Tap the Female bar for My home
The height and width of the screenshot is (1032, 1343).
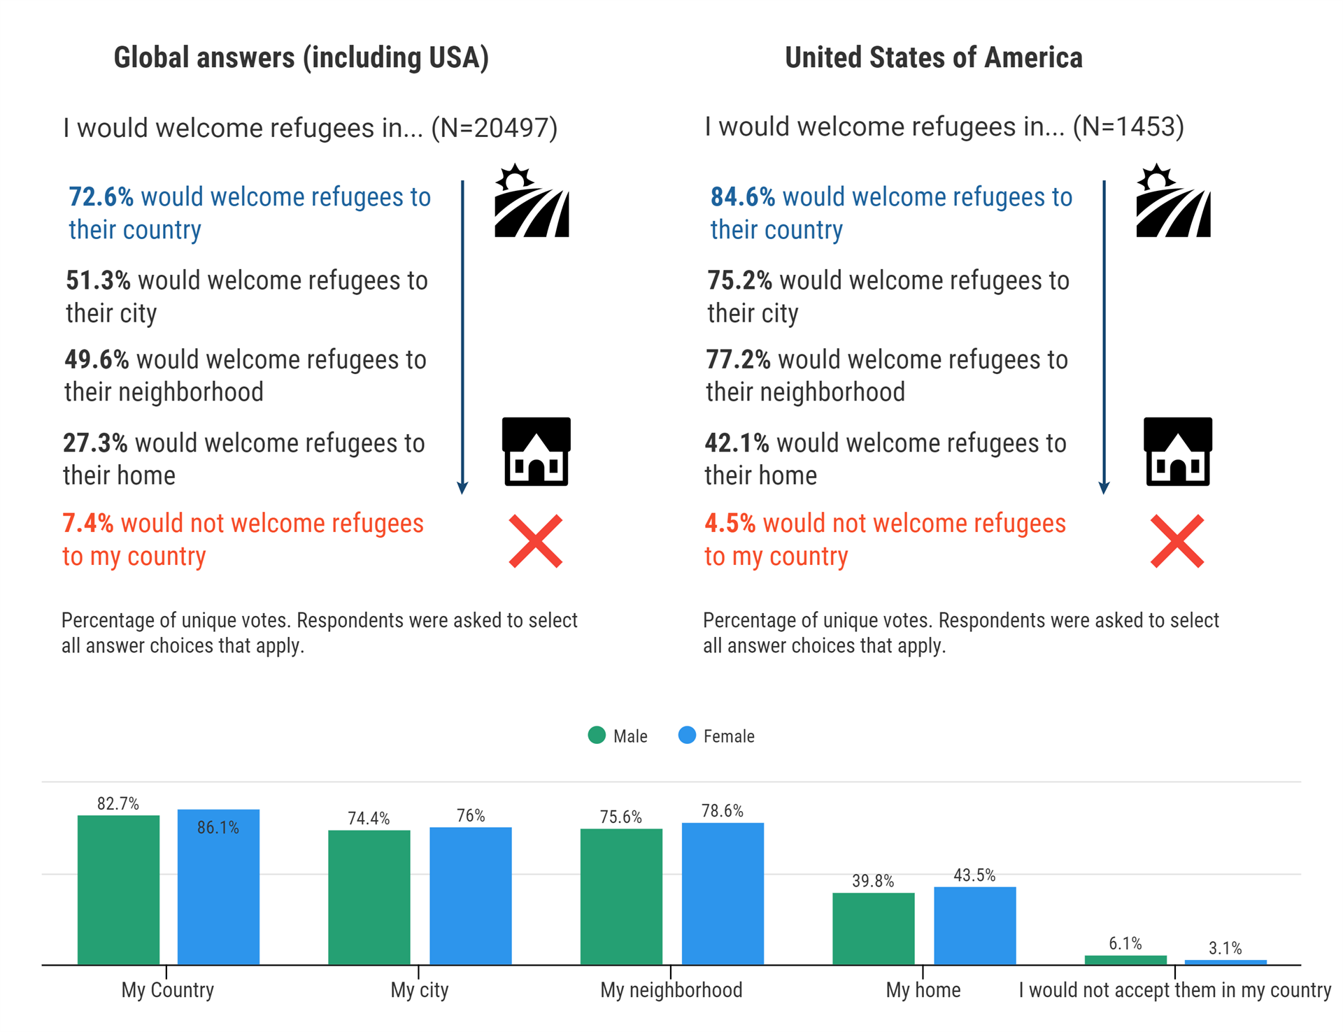coord(974,926)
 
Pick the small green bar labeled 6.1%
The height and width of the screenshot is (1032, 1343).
coord(1125,960)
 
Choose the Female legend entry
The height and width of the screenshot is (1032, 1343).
coord(716,736)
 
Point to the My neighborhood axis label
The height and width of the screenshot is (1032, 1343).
coord(671,990)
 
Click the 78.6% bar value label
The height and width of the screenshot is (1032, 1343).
coord(722,811)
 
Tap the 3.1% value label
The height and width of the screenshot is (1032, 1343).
coord(1225,949)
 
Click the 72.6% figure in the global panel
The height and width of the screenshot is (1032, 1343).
coord(101,197)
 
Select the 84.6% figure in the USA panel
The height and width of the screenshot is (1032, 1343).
coord(742,197)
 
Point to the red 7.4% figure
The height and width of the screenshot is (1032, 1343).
coord(87,523)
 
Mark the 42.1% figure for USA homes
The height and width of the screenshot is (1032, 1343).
coord(736,443)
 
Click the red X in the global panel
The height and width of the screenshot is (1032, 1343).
coord(535,541)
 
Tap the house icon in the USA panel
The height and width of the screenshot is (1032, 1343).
coord(1177,452)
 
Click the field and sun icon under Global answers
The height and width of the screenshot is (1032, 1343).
coord(531,201)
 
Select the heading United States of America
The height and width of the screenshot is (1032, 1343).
coord(933,57)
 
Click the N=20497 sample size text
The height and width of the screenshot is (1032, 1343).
coord(494,128)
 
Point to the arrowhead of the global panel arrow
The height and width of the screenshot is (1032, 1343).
coord(462,488)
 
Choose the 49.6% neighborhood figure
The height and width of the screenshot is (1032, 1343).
coord(97,359)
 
